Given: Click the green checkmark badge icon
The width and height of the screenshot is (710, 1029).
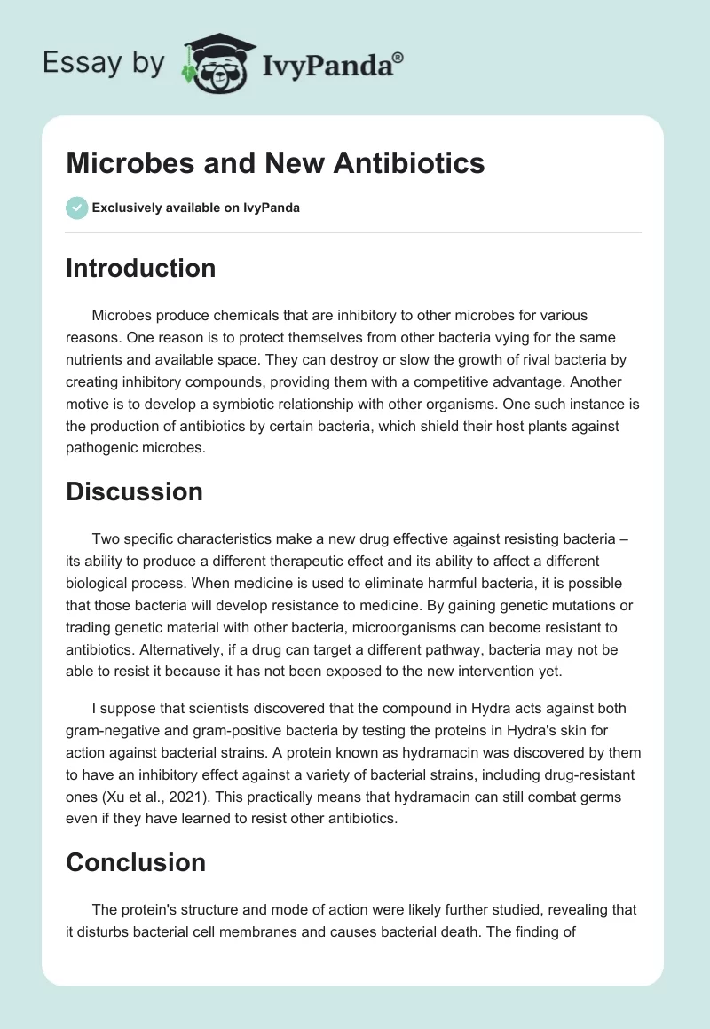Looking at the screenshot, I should (76, 208).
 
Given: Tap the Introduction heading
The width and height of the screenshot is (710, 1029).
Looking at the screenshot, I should (140, 268).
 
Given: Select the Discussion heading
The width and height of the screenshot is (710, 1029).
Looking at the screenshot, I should (134, 491).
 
